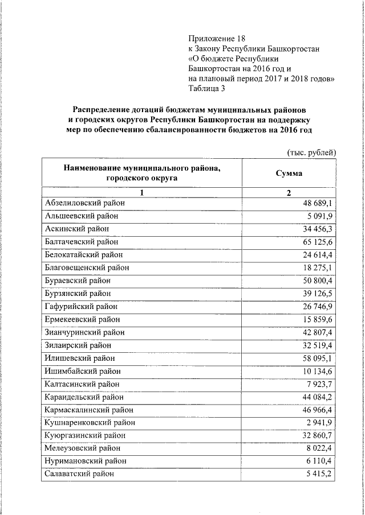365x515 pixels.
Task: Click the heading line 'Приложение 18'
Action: [211, 39]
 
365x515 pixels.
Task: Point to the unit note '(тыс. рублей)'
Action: [311, 152]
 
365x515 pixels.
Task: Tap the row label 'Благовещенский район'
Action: [87, 267]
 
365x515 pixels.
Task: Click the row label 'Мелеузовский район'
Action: [82, 448]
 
